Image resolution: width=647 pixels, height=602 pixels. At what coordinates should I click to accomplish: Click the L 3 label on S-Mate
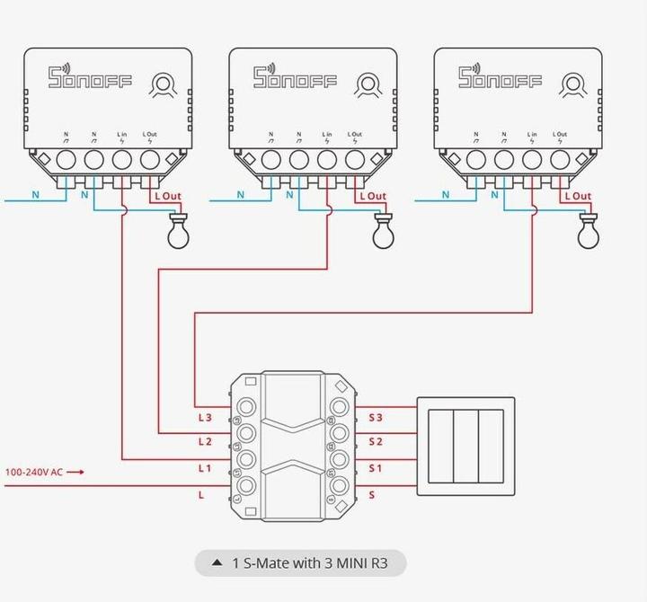click(204, 417)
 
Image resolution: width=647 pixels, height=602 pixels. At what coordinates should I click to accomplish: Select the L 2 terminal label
click(204, 442)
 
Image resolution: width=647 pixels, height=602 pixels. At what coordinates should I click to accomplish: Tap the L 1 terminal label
click(204, 468)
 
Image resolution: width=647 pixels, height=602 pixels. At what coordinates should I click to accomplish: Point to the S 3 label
click(376, 417)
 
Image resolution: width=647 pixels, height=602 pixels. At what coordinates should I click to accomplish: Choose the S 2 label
click(376, 442)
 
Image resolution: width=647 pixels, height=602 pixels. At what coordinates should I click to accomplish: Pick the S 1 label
click(376, 468)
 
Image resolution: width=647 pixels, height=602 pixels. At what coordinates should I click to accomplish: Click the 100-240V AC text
click(34, 472)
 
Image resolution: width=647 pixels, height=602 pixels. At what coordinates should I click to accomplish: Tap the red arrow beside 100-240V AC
click(75, 472)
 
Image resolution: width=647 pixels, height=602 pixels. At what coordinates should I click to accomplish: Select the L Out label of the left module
click(168, 196)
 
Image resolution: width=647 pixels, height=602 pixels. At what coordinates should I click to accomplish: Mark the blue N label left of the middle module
click(241, 194)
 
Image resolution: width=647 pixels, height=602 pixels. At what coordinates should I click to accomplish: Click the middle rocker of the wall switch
click(465, 447)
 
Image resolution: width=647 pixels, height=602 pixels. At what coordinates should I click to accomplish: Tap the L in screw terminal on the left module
click(122, 160)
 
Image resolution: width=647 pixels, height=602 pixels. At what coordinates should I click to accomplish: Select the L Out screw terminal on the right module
click(560, 160)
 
